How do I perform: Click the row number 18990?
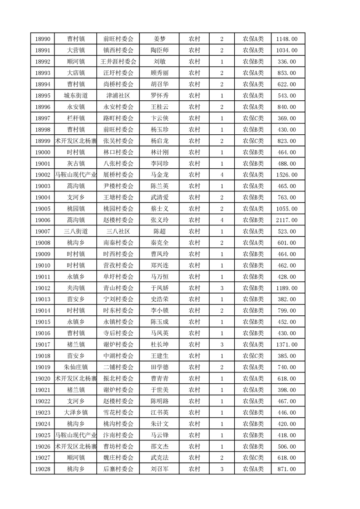pyautogui.click(x=42, y=39)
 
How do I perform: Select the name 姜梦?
pyautogui.click(x=159, y=39)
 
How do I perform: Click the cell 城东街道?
pyautogui.click(x=75, y=96)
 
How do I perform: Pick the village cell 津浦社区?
pyautogui.click(x=118, y=96)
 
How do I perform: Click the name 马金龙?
pyautogui.click(x=159, y=175)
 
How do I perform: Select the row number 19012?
pyautogui.click(x=42, y=288)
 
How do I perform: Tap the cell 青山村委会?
pyautogui.click(x=118, y=288)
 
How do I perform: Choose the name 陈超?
pyautogui.click(x=159, y=231)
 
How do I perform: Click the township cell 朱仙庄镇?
pyautogui.click(x=75, y=367)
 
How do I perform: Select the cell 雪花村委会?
pyautogui.click(x=118, y=412)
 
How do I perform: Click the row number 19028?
pyautogui.click(x=42, y=469)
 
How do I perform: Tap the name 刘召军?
pyautogui.click(x=159, y=469)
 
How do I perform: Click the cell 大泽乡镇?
pyautogui.click(x=75, y=412)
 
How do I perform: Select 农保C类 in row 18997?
pyautogui.click(x=253, y=118)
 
